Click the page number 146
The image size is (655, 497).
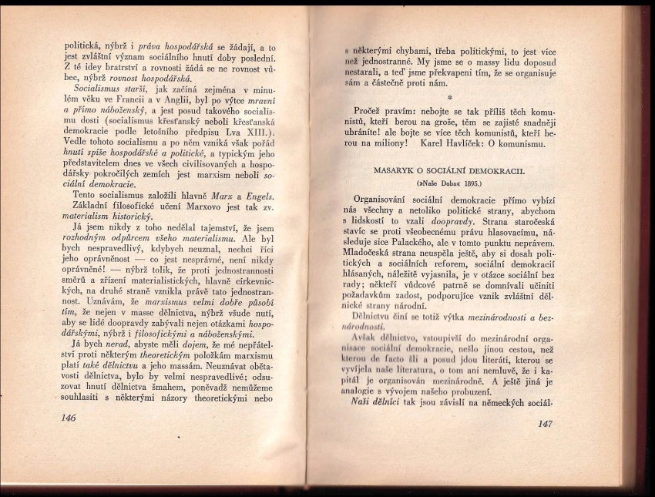pos(68,417)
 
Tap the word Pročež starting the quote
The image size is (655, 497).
pos(368,111)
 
